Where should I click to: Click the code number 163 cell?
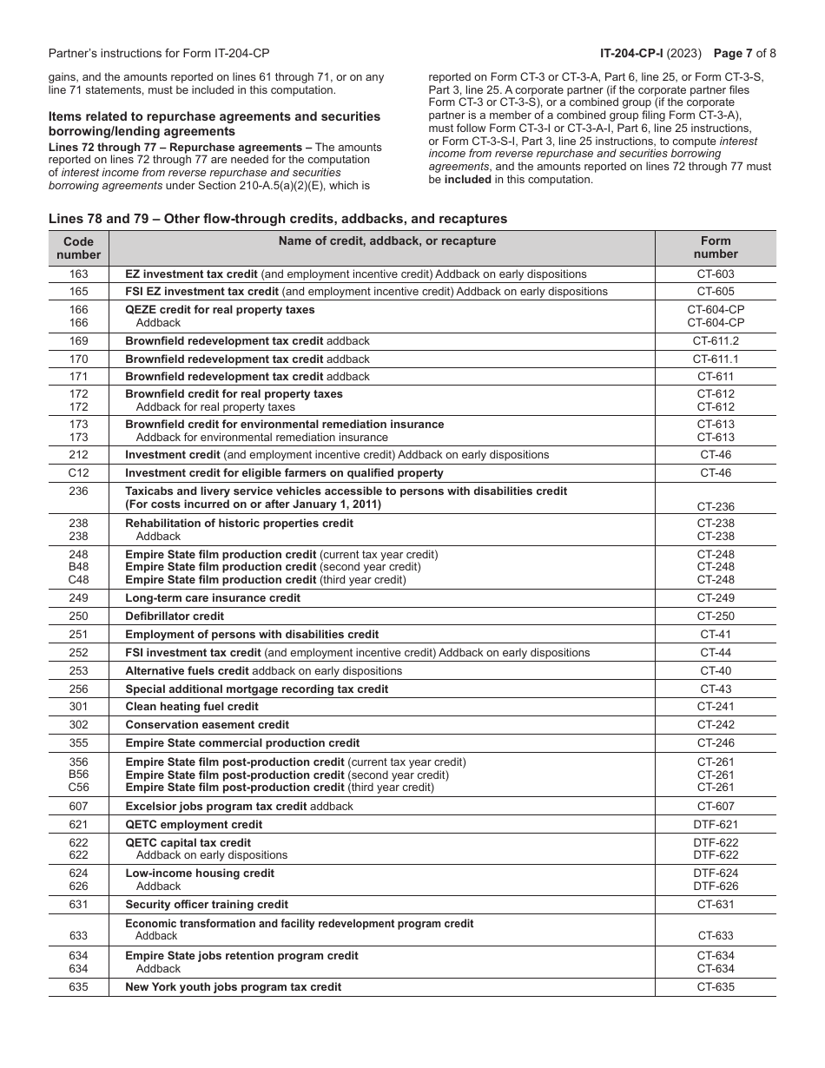[78, 274]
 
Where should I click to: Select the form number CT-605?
[716, 292]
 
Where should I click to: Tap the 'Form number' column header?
[716, 247]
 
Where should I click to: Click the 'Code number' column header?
[78, 247]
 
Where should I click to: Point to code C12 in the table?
[78, 473]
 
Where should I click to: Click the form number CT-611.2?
[716, 341]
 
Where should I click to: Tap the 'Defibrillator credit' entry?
[175, 616]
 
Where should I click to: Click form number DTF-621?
[716, 825]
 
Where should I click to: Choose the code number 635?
[78, 987]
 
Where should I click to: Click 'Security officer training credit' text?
[207, 905]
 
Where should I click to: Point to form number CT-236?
[716, 504]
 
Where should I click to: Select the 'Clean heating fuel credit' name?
[192, 707]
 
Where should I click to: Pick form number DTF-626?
[716, 887]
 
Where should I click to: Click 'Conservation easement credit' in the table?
[208, 725]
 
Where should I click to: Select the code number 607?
[78, 807]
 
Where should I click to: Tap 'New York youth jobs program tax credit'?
[234, 987]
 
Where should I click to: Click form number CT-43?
[716, 689]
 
